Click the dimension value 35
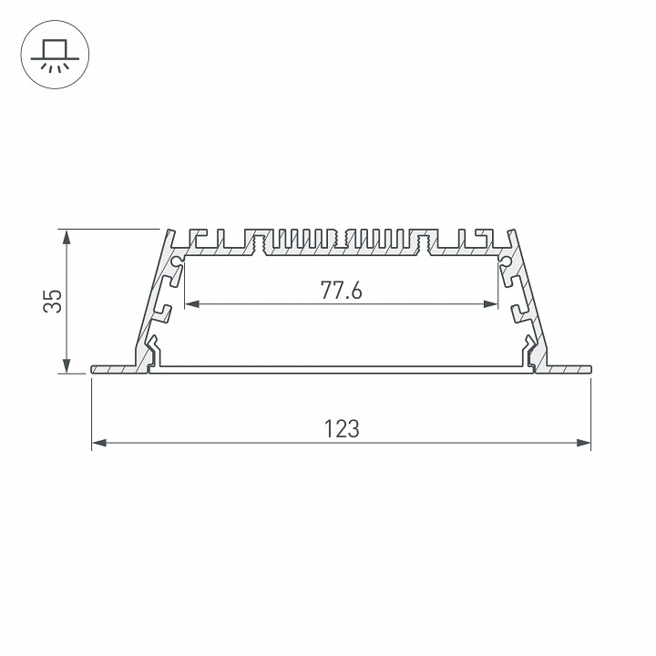click(54, 302)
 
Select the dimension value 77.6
click(342, 291)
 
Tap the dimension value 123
click(342, 428)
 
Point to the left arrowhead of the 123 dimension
click(97, 444)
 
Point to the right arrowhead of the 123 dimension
click(586, 444)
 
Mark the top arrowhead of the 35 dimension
click(67, 234)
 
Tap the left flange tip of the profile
click(94, 369)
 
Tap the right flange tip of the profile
click(589, 369)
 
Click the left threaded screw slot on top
click(258, 244)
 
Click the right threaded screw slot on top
click(425, 244)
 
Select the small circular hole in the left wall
click(176, 261)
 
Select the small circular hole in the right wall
click(507, 261)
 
